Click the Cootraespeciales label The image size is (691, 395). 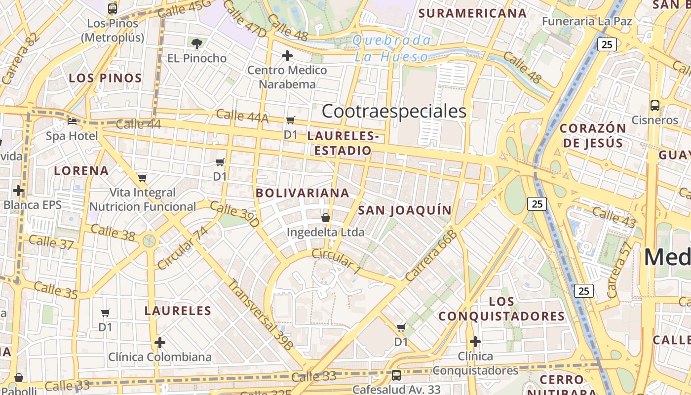tap(394, 112)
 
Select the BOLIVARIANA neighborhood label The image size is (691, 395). tap(303, 193)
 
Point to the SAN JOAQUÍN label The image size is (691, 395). tap(405, 210)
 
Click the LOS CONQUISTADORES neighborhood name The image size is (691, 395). tap(501, 309)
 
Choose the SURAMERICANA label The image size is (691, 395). tap(472, 13)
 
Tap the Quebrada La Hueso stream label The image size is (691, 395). tap(392, 48)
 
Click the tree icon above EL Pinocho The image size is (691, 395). tap(197, 43)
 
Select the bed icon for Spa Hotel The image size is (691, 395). tap(72, 121)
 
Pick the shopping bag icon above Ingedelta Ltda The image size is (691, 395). tap(326, 217)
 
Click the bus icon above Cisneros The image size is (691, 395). tap(655, 105)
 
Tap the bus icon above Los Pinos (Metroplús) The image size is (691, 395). tap(113, 8)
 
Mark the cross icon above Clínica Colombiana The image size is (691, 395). tap(159, 342)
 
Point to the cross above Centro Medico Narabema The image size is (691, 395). tap(287, 56)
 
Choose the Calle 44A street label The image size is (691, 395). tap(242, 116)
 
